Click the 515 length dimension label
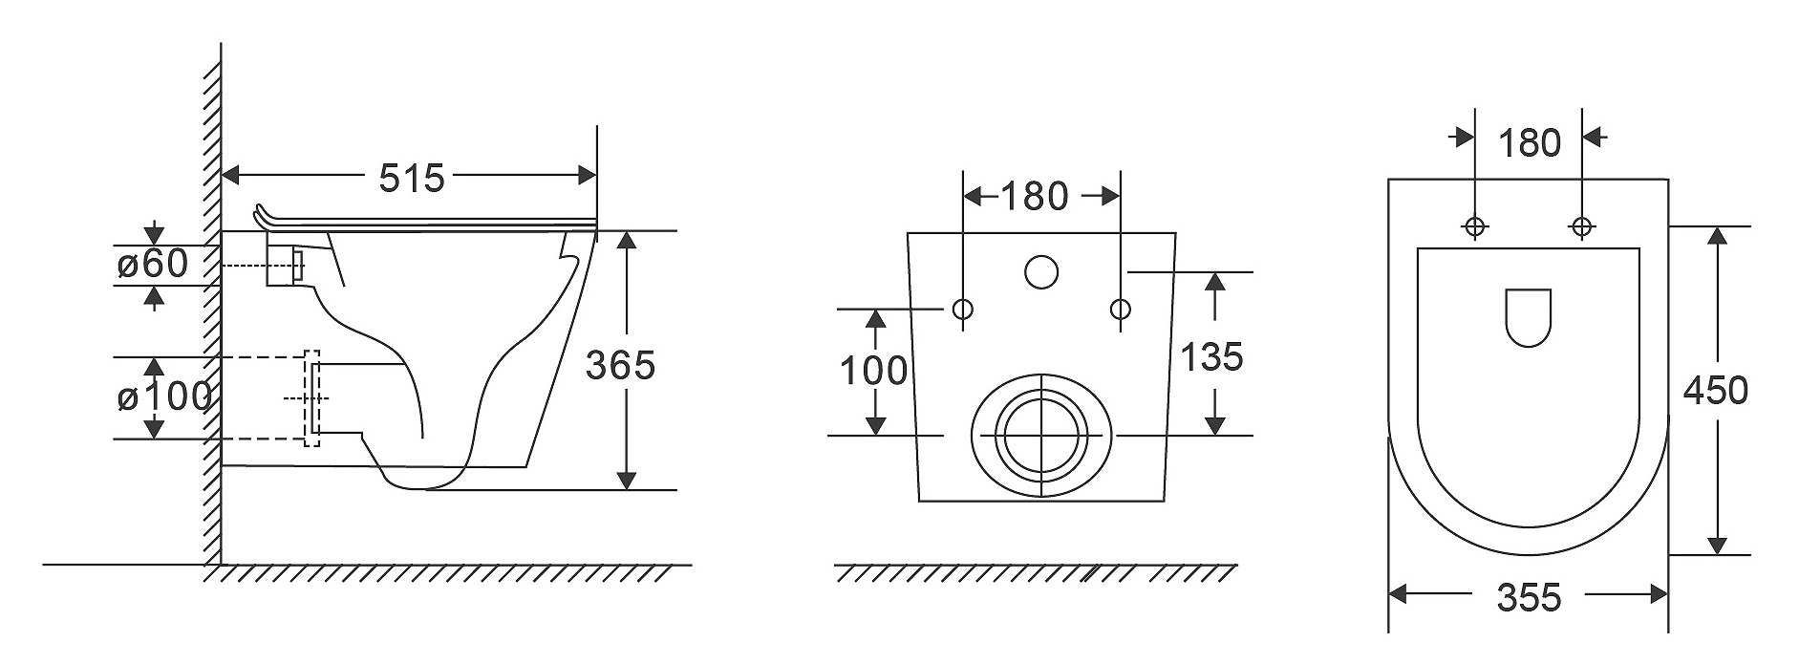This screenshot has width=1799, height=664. tap(412, 177)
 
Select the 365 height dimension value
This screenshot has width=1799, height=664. tap(620, 364)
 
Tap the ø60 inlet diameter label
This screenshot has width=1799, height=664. tap(153, 263)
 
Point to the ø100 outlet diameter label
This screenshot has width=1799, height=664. tap(163, 396)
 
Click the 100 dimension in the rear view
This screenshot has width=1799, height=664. tap(873, 371)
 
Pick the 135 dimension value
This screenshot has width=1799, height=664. tap(1211, 356)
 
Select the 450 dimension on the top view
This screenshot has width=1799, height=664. tap(1716, 390)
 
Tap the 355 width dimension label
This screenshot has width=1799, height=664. tap(1529, 597)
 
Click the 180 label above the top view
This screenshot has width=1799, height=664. tap(1529, 143)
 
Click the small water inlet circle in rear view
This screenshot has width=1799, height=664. tap(1041, 272)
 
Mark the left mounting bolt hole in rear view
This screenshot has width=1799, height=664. tap(962, 309)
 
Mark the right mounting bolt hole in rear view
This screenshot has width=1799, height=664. tap(1120, 309)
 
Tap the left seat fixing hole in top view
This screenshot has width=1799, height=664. tap(1475, 226)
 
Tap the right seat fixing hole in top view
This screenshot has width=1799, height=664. tap(1581, 226)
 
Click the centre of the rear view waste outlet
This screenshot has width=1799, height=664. tap(1040, 435)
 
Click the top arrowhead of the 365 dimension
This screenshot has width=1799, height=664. tap(626, 240)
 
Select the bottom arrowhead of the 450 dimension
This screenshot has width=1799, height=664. tap(1717, 545)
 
